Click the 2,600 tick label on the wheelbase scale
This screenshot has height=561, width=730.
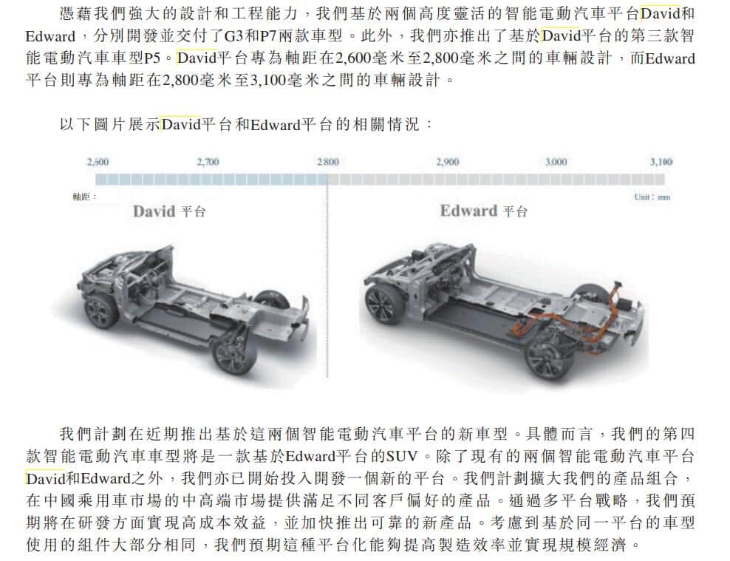coord(98,162)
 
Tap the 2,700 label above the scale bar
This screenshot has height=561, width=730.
coord(208,162)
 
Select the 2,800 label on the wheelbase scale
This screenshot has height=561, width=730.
coord(327,162)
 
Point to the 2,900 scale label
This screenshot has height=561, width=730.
coord(447,162)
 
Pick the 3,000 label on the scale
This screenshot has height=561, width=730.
coord(556,162)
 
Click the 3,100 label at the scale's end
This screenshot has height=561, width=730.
coord(661,162)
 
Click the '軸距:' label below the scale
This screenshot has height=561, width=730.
coord(84,197)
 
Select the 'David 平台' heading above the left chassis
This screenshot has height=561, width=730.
coord(169,211)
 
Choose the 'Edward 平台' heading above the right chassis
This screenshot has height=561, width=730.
coord(484,211)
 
